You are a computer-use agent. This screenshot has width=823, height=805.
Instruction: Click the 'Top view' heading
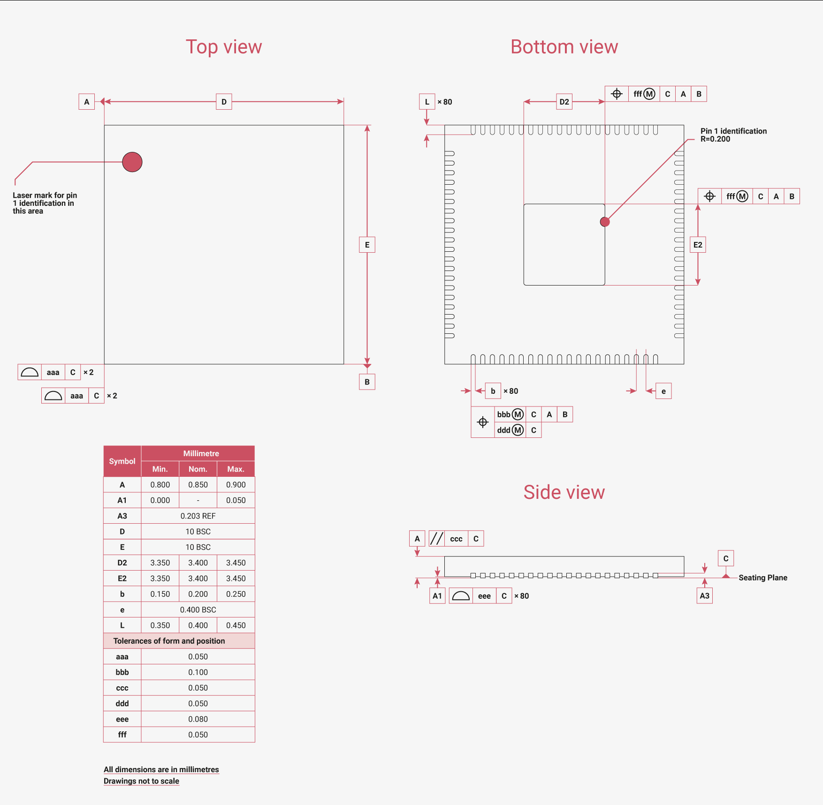tap(224, 47)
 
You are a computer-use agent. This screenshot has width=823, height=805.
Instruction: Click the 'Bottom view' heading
tap(564, 47)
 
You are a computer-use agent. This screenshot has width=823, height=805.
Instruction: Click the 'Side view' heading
tap(564, 492)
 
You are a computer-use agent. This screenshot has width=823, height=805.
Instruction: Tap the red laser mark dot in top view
tap(132, 162)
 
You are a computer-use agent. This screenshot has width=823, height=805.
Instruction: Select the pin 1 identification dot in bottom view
tap(605, 222)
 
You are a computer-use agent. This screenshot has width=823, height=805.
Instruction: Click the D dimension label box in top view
tap(224, 102)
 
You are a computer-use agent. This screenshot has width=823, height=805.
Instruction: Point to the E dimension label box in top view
tap(367, 245)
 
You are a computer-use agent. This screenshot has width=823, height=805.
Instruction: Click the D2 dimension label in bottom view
tap(564, 102)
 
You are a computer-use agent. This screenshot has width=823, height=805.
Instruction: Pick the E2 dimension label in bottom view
tap(698, 245)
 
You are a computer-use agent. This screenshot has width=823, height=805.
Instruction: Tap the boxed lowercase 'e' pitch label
tap(663, 391)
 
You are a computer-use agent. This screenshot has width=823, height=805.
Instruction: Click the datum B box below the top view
tap(367, 382)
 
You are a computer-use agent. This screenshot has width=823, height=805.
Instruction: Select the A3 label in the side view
tap(704, 596)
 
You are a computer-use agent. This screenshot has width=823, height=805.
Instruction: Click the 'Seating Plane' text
tap(763, 578)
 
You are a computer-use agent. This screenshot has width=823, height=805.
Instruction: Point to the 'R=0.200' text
tap(715, 139)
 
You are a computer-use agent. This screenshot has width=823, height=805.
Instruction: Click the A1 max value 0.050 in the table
tap(236, 500)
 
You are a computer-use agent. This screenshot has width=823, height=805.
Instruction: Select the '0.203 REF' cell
tap(198, 516)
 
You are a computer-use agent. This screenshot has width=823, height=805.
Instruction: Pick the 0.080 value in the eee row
tap(198, 719)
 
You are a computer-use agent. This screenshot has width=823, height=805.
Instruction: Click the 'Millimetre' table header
tap(201, 453)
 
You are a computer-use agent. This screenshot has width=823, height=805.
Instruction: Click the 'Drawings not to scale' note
tap(141, 781)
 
